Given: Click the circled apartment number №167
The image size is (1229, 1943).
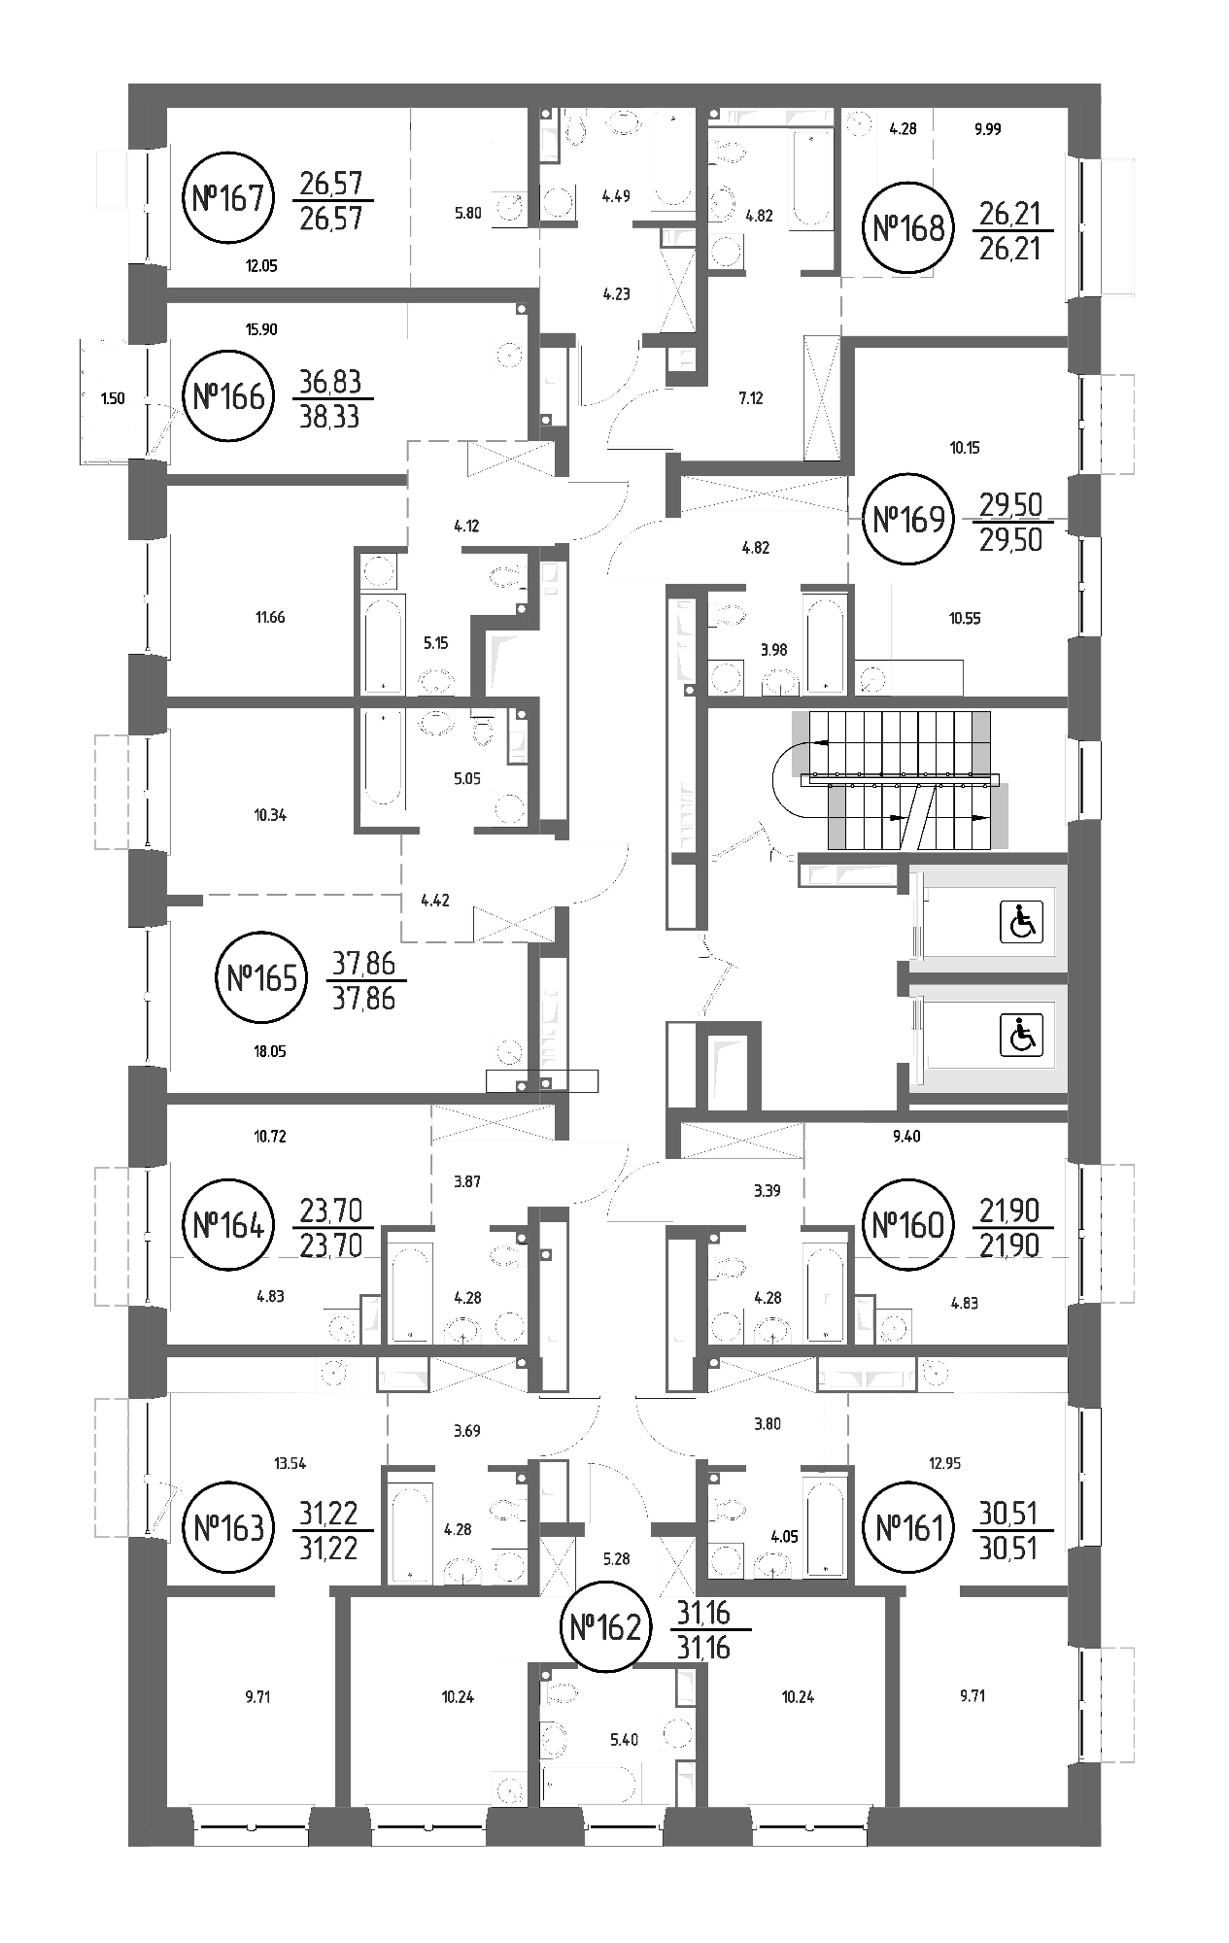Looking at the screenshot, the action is point(228,198).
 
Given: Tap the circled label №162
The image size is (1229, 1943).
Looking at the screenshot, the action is point(605,1626).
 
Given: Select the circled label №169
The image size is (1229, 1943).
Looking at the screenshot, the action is point(909,519).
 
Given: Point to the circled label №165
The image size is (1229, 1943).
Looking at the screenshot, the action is point(261,977).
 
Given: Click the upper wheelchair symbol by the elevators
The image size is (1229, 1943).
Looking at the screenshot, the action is point(1022,922).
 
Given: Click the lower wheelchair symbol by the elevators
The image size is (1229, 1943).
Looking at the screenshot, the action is point(1022,1035).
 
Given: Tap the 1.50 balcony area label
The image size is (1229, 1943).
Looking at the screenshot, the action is point(113,398).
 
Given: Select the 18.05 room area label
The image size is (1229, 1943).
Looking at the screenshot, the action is point(269,1051).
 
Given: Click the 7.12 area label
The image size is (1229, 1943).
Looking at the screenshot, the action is point(750,398).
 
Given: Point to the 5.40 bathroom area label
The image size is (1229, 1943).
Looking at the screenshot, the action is point(624,1740).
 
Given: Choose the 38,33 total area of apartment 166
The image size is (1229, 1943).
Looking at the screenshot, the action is point(331,417).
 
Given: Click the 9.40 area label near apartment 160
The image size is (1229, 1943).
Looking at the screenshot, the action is point(906,1136).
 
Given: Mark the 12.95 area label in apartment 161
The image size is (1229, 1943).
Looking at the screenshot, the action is point(944,1463).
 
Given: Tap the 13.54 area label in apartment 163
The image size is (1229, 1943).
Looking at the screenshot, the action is point(290,1463).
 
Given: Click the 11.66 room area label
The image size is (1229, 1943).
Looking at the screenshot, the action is point(270,617).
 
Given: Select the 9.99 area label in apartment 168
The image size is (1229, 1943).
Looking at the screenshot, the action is point(987,128).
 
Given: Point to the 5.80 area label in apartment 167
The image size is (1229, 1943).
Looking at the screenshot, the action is point(468,214).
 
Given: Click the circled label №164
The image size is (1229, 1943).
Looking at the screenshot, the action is point(228,1225).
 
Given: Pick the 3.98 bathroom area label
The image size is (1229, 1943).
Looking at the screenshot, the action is point(773,650).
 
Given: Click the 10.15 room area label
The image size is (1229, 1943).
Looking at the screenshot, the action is point(965,448).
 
